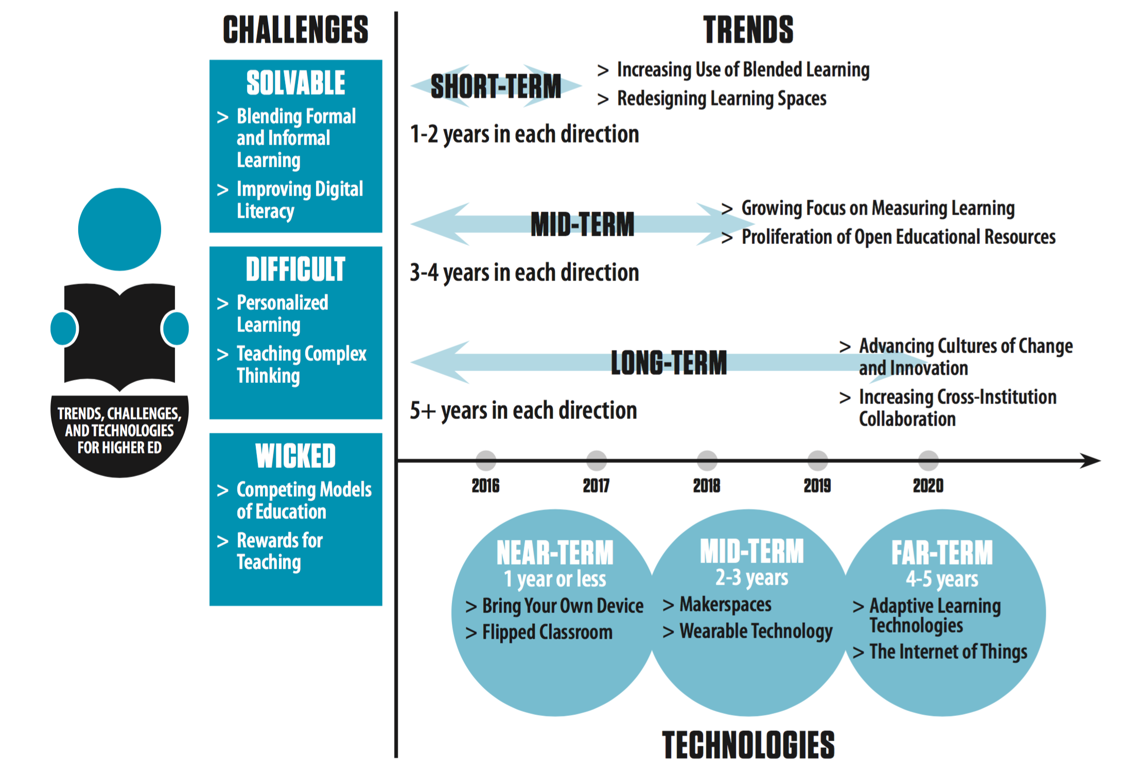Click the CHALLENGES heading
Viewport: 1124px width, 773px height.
coord(295,30)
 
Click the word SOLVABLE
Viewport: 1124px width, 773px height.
coord(295,83)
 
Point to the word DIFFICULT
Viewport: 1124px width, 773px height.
coord(295,269)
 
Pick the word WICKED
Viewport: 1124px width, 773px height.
coord(295,456)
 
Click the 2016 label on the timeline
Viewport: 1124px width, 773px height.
coord(485,485)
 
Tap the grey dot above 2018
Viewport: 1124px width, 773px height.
coord(707,460)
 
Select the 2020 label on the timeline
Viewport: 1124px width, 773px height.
coord(928,485)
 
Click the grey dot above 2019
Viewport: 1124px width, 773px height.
coord(817,460)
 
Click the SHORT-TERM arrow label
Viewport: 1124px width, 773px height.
coord(496,86)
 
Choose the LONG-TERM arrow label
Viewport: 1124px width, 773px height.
coord(669,363)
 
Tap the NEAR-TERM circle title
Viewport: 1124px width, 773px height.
coord(555,553)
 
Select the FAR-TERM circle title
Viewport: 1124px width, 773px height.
coord(942,553)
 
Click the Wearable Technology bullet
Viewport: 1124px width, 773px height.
coord(756,631)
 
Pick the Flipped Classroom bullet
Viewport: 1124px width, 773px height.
coord(547,632)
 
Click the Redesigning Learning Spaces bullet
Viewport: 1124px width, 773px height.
coord(722,98)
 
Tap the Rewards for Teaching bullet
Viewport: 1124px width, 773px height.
coord(279,551)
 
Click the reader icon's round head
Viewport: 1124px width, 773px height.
coord(119,229)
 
